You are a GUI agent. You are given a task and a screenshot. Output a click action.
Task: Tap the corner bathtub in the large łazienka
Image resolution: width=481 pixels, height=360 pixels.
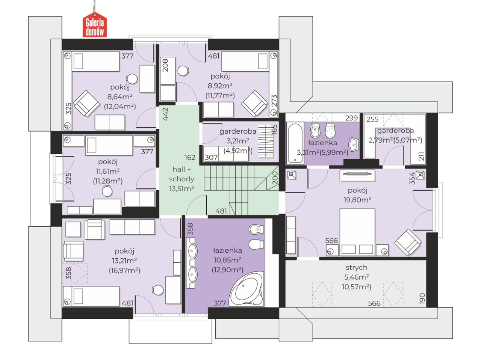[x=246, y=289]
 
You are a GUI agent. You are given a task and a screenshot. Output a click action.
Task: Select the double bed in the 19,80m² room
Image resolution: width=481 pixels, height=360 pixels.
[x=357, y=232]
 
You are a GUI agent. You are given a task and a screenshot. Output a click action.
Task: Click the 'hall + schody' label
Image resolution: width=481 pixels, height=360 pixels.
[x=182, y=174]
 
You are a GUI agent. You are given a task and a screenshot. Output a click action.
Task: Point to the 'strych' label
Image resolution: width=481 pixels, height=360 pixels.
[x=356, y=267]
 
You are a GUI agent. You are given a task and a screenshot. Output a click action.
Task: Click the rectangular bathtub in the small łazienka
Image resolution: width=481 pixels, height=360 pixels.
[x=295, y=143]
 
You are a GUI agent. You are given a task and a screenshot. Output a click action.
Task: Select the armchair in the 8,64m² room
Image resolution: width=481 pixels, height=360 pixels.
[x=86, y=104]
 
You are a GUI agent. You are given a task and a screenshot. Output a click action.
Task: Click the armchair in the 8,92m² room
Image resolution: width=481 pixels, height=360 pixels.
[x=254, y=104]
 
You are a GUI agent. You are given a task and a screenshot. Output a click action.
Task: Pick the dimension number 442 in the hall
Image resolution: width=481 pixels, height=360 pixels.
[x=165, y=114]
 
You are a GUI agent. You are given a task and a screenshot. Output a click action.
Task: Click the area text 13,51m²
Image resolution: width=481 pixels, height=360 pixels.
[x=182, y=188]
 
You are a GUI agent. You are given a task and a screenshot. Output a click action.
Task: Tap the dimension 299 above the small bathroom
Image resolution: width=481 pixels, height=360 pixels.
[x=351, y=118]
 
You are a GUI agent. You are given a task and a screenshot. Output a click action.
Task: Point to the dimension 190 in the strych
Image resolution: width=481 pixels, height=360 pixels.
[x=422, y=298]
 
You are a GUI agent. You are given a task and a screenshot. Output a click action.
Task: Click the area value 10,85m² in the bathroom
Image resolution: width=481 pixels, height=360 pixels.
[x=227, y=260]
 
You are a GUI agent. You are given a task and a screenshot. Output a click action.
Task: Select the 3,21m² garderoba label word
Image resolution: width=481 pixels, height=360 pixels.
[x=238, y=131]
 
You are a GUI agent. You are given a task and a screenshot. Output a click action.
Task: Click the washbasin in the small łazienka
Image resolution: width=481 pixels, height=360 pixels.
[x=354, y=145]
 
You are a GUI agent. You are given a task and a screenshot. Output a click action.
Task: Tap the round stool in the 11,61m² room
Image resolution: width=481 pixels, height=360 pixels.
[x=107, y=191]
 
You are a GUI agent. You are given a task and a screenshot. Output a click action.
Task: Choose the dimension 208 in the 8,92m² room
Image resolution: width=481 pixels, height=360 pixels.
[x=165, y=65]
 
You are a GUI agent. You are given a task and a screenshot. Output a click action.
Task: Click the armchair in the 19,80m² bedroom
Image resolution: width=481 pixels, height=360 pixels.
[x=408, y=242]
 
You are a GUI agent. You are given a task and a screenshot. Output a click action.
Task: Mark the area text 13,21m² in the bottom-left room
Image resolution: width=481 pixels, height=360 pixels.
[x=124, y=261]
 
